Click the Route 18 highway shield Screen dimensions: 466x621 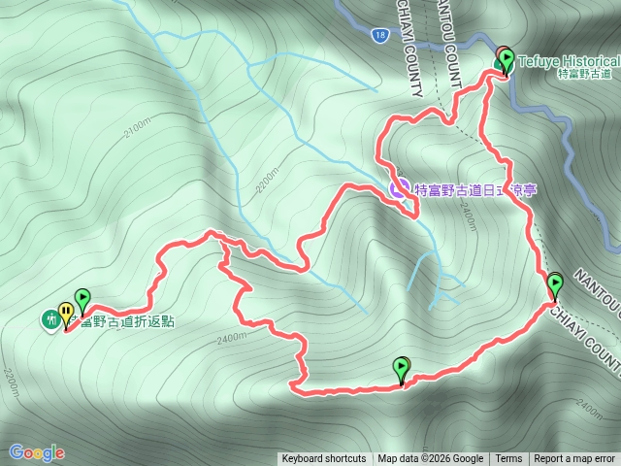click(378, 36)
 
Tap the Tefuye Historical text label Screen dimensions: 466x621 click(567, 60)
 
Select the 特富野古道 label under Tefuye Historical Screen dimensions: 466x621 click(585, 74)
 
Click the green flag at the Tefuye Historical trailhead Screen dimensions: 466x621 click(507, 59)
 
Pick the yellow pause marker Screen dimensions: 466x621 click(66, 312)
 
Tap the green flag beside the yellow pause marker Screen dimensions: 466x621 click(82, 299)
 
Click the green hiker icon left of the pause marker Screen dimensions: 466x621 click(49, 318)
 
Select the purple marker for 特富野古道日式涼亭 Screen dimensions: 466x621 click(398, 186)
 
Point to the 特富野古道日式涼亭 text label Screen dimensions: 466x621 click(474, 190)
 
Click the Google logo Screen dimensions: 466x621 click(37, 452)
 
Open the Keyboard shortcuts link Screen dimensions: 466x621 click(324, 459)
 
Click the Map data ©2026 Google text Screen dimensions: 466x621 click(430, 459)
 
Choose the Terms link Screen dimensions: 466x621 click(508, 459)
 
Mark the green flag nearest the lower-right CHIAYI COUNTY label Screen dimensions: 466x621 click(555, 284)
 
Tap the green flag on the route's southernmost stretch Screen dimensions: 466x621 click(402, 368)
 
